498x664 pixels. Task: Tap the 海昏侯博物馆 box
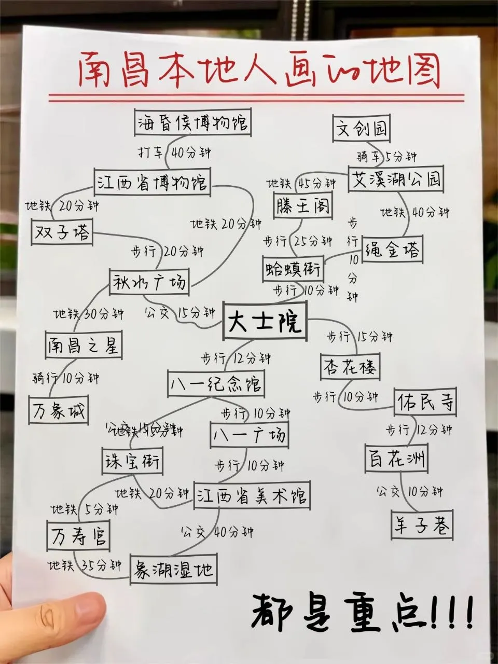point(192,123)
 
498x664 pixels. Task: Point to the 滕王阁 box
point(302,206)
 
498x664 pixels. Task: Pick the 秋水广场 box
point(148,282)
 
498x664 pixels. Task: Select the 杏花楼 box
point(350,368)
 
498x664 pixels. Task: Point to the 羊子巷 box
point(421,525)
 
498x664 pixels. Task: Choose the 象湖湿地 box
point(173,570)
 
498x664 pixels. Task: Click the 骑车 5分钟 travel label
point(386,156)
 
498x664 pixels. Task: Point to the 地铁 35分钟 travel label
point(85,565)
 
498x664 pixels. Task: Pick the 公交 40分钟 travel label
point(217,531)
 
